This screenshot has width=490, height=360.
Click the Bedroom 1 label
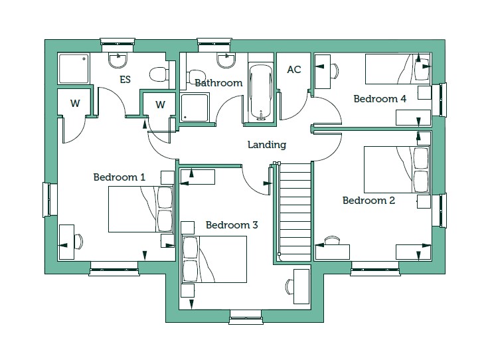coord(120,177)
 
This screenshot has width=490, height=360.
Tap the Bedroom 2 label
coord(368,201)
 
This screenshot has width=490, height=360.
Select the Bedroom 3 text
coord(232,225)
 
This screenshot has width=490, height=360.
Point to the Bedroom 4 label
coord(380,99)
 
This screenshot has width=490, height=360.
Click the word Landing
coord(267,145)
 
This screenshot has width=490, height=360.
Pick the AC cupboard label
coord(294,69)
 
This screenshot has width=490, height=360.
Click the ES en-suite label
coord(125,80)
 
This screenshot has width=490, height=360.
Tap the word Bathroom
coord(218,83)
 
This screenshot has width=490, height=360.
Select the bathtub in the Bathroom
coord(261,92)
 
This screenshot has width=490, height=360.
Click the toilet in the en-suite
coord(159,74)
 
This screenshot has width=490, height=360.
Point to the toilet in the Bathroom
coord(196,76)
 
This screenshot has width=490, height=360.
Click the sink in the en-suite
coord(118,60)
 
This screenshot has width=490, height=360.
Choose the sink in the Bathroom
coord(226,60)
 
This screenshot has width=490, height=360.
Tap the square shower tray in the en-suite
coord(74,69)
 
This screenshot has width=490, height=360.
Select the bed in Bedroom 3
coord(214,260)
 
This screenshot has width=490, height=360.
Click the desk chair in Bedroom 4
coord(335,71)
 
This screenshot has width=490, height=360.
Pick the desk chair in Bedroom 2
coord(332,240)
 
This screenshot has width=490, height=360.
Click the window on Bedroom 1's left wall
coord(49,199)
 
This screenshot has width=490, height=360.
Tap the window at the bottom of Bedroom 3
coord(246,317)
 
